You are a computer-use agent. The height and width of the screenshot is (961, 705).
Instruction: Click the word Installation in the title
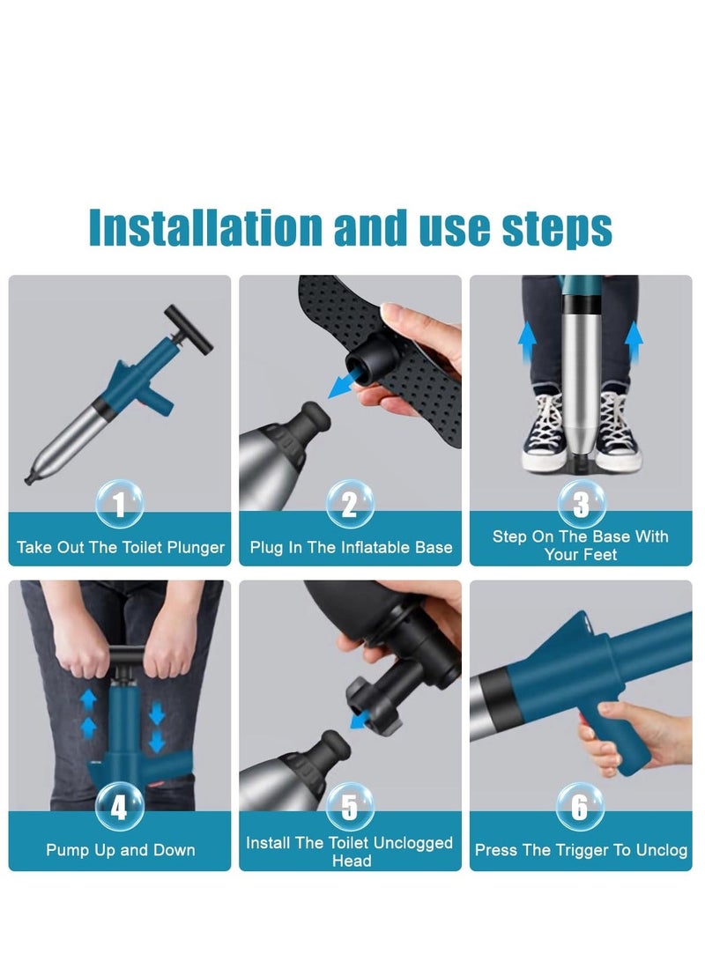point(205,227)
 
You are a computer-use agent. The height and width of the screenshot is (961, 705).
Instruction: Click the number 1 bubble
point(120,506)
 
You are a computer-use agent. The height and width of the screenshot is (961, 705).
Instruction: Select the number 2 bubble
point(350,506)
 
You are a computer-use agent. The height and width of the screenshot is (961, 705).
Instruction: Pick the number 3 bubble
point(581,505)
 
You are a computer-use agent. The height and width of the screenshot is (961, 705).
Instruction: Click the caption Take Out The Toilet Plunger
point(121,548)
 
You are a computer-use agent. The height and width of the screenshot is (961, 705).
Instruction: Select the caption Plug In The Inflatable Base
point(351,548)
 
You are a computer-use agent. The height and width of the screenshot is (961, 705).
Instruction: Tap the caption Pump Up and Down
point(121,850)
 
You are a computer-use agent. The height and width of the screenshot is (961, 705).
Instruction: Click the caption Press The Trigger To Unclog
point(581,850)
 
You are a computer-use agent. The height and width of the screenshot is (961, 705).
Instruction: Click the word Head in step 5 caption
point(351,861)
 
